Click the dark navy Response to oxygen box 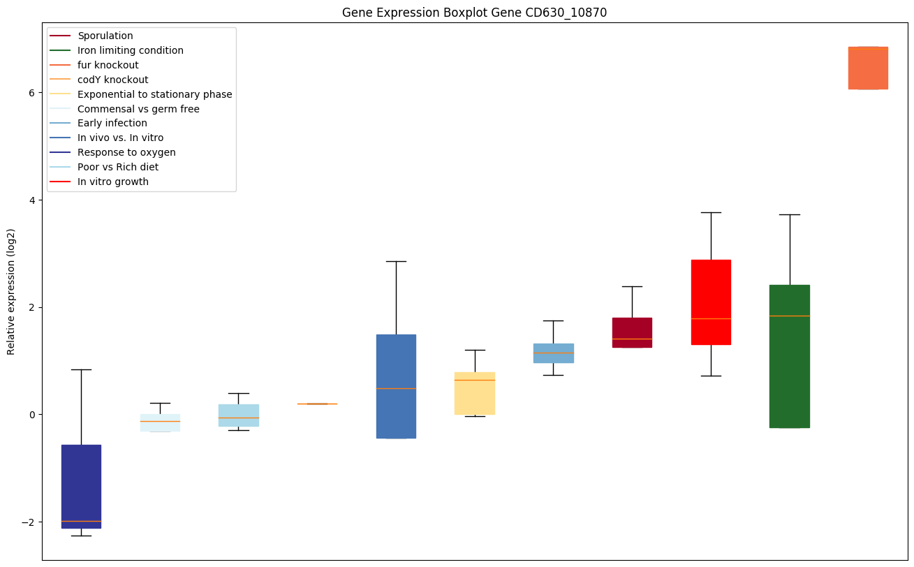(x=81, y=486)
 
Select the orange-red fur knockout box (x=868, y=68)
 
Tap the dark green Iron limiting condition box (x=790, y=356)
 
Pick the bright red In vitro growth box (x=711, y=302)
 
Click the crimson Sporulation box (x=632, y=332)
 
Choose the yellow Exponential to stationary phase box (x=475, y=393)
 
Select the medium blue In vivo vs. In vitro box (x=396, y=386)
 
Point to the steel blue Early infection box (x=554, y=353)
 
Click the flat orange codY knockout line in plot (x=317, y=404)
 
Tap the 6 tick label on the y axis (x=31, y=93)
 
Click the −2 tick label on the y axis (x=29, y=522)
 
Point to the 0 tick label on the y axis (x=31, y=415)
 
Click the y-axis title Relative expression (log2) (x=11, y=292)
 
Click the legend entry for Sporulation (x=105, y=36)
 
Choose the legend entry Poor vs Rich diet (x=118, y=167)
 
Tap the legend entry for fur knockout (x=108, y=65)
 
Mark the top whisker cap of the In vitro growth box (x=711, y=212)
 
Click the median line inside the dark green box (x=790, y=316)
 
